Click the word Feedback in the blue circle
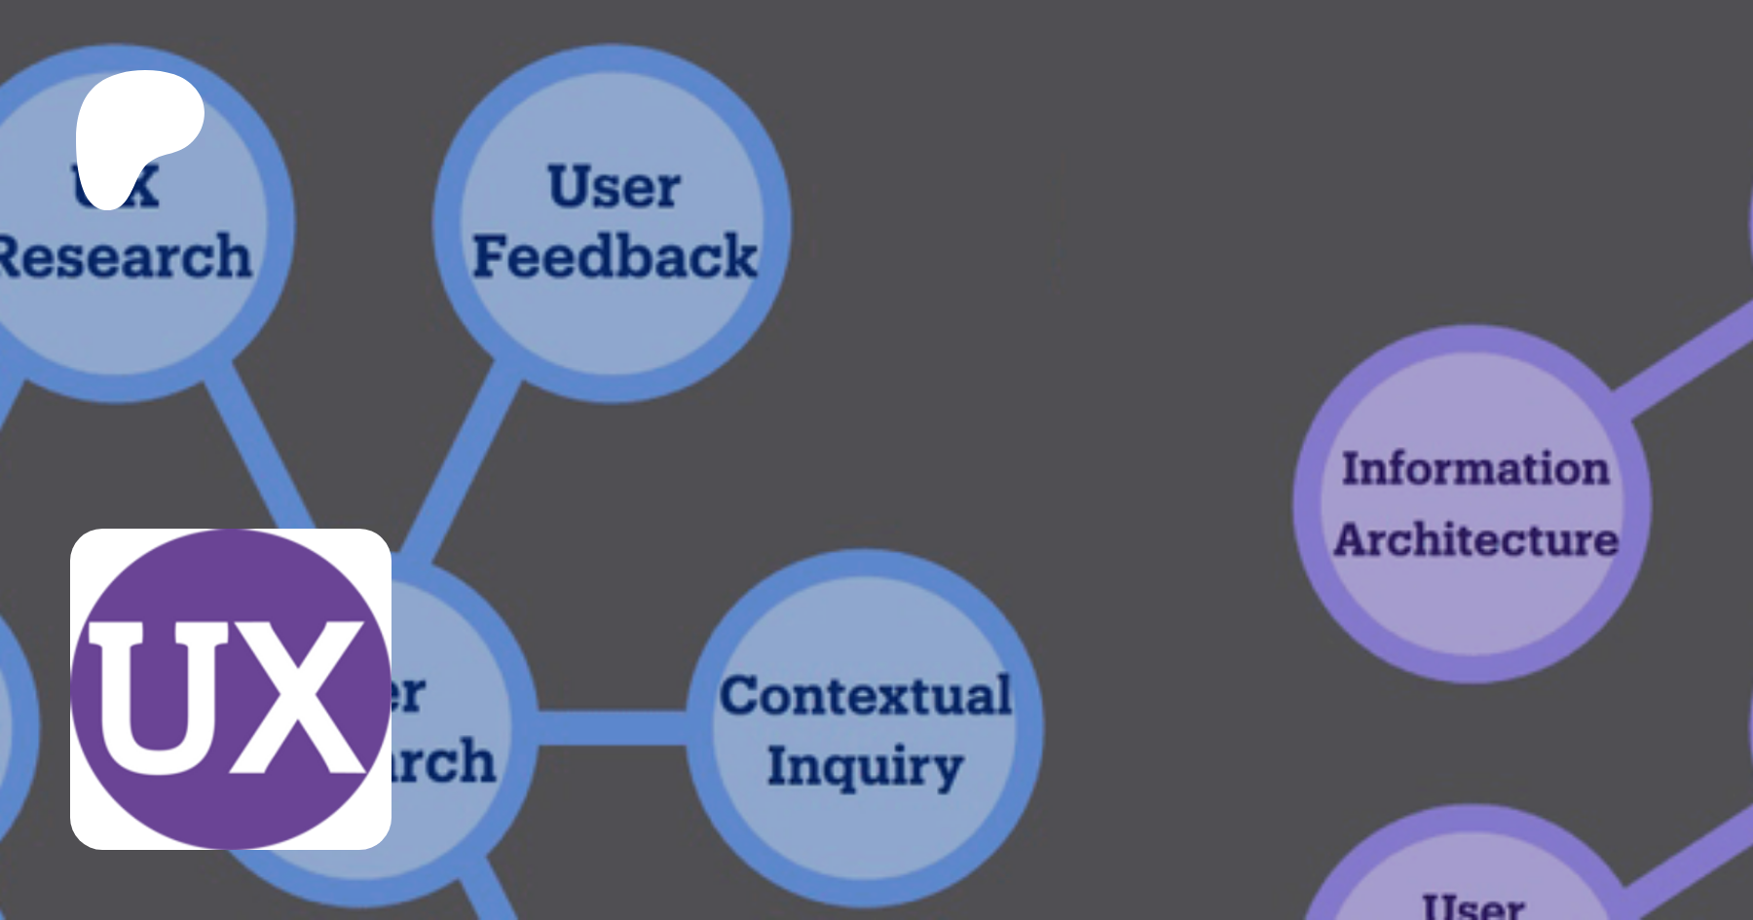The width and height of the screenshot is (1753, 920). (615, 257)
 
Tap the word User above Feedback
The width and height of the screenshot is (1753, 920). (614, 186)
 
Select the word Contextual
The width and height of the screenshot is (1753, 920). (865, 695)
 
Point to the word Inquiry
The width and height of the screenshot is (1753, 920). (865, 766)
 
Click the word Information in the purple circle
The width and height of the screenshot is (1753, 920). (1475, 468)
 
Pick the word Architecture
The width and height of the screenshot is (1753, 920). (1476, 539)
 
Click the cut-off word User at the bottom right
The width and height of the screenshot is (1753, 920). (1473, 907)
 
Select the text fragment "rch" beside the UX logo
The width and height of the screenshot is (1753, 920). (443, 761)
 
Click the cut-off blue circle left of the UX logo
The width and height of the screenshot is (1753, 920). (15, 720)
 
